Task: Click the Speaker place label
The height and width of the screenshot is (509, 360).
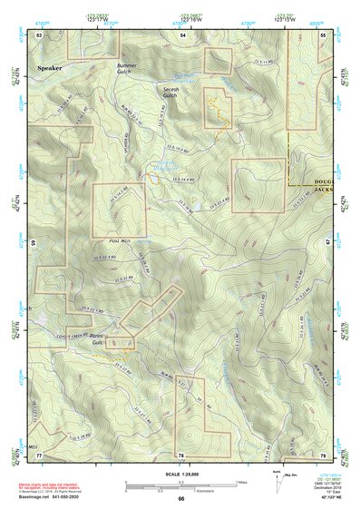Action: coord(51,68)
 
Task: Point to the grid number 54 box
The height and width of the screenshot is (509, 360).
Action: coord(182,34)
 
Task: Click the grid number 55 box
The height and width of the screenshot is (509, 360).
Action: coord(324,34)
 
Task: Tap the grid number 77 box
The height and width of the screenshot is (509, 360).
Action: coord(39,454)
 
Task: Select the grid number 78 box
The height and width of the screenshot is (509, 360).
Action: coord(181,454)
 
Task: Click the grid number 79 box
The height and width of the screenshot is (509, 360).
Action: coord(324,454)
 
